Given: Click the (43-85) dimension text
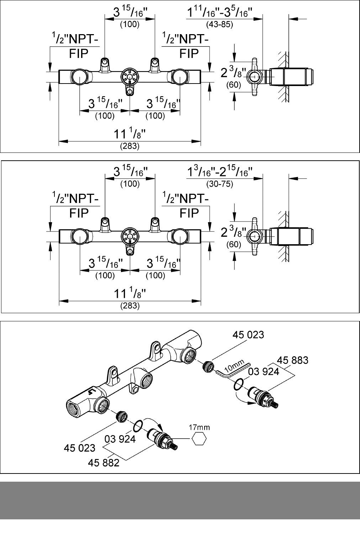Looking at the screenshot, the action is pyautogui.click(x=219, y=25).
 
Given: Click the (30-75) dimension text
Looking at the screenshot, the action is pyautogui.click(x=219, y=184).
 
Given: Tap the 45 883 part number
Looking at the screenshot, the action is pyautogui.click(x=293, y=360).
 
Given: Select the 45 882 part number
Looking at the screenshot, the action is pyautogui.click(x=104, y=463).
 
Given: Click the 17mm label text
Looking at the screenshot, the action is pyautogui.click(x=199, y=427).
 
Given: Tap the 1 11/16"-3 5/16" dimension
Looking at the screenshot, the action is pyautogui.click(x=219, y=12).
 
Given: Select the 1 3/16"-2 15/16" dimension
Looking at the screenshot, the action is pyautogui.click(x=219, y=172).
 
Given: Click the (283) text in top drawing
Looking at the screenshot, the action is pyautogui.click(x=129, y=146).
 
